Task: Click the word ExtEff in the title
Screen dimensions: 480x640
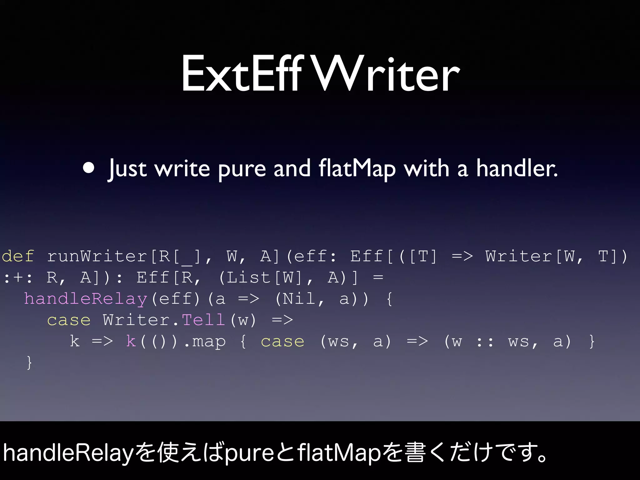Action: (x=242, y=74)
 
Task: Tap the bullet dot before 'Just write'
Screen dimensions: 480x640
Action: (x=89, y=168)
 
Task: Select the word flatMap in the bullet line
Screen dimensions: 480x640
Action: (x=357, y=169)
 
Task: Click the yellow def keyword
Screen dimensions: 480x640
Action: (x=18, y=256)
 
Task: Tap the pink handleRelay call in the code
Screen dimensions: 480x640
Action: (x=86, y=299)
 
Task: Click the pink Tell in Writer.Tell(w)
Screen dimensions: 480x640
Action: (x=203, y=320)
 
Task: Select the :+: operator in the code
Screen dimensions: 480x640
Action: (x=18, y=277)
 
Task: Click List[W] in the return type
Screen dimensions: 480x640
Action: (x=264, y=277)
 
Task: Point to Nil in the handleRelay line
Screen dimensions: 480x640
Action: (x=299, y=299)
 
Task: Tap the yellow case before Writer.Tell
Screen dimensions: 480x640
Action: (x=69, y=320)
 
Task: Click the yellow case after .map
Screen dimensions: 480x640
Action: (x=282, y=341)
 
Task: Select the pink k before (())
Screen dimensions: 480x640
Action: (x=131, y=341)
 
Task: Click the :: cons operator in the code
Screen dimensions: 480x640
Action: (x=485, y=341)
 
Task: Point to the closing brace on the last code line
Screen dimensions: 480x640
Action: (x=29, y=362)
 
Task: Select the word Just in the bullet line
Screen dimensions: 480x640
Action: (x=127, y=169)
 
